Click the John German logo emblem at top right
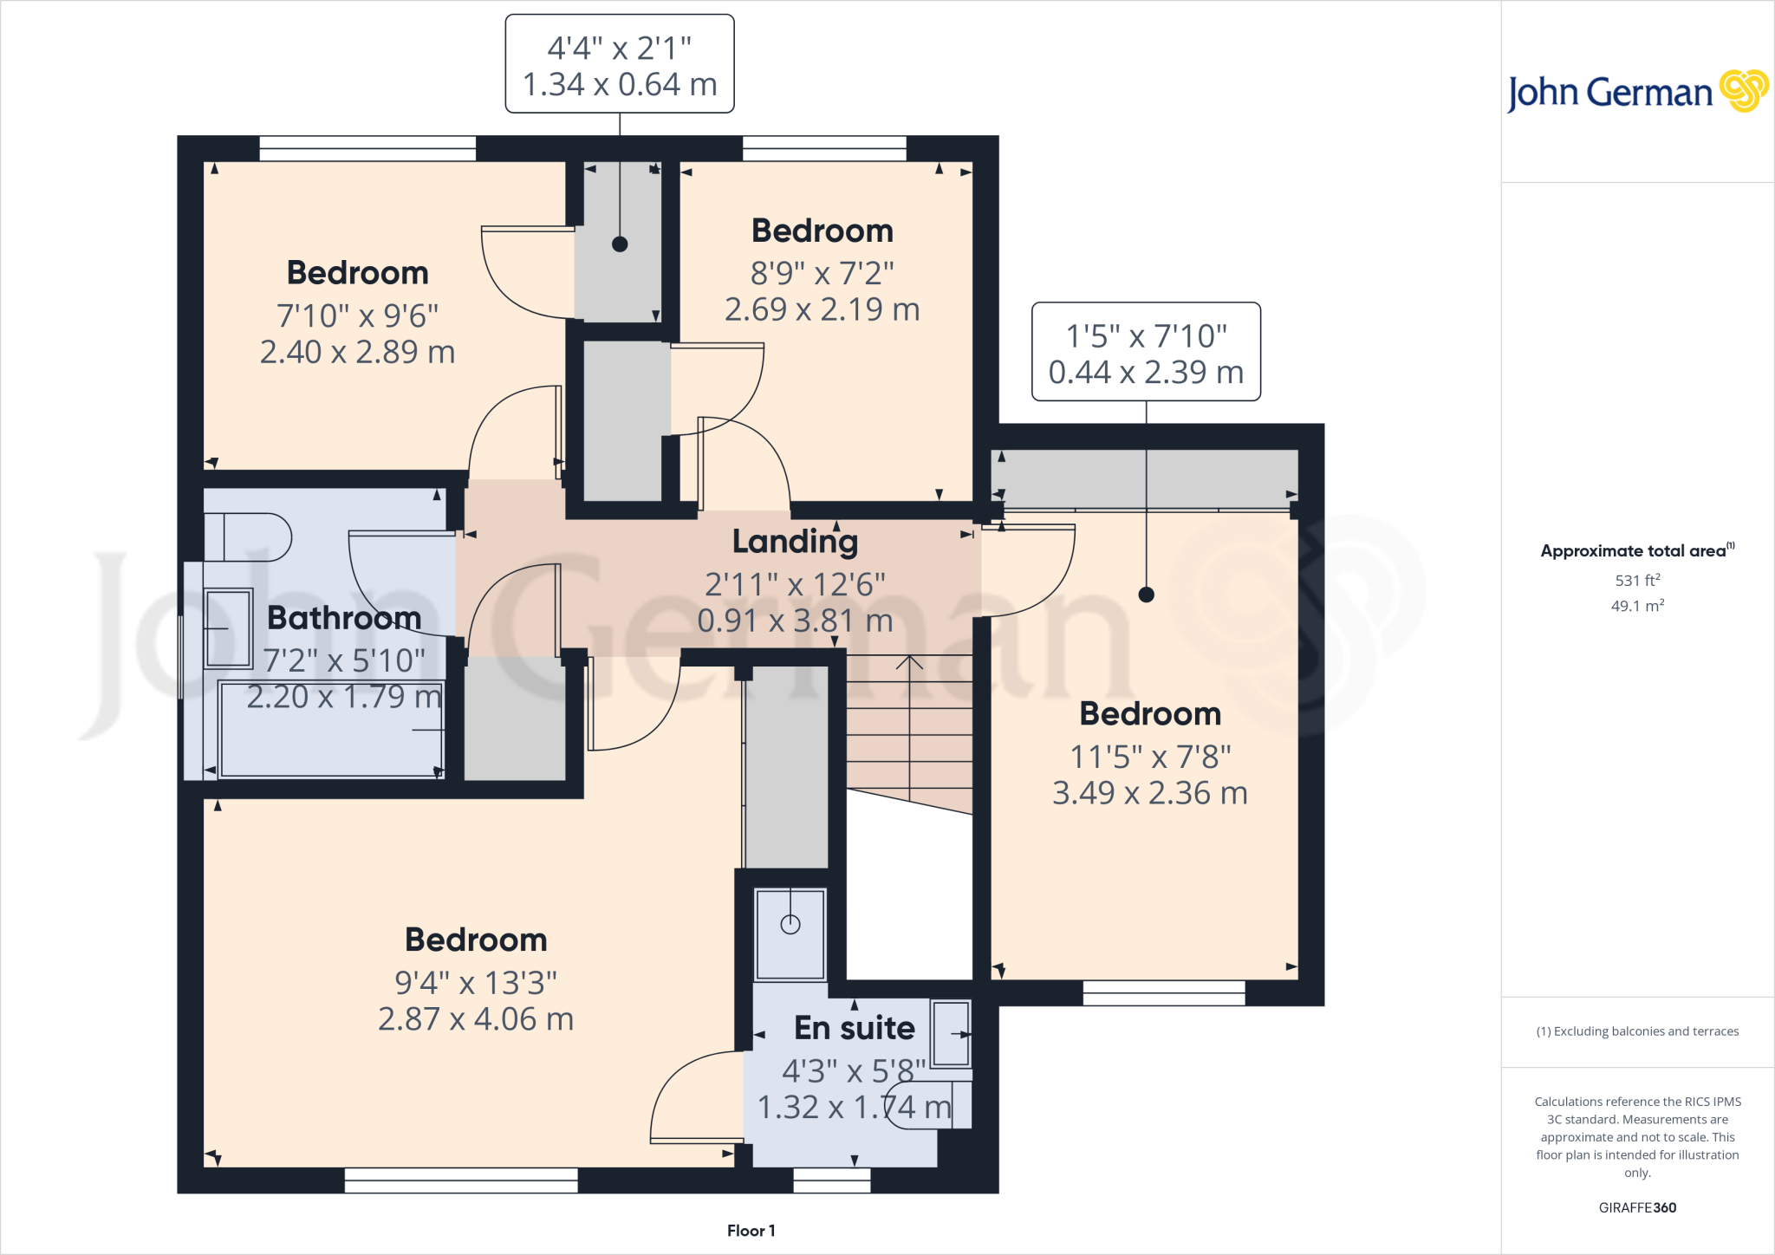tap(1743, 90)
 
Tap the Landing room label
tap(795, 541)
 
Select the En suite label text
tap(854, 1028)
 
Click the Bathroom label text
tap(344, 618)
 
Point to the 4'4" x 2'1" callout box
tap(620, 64)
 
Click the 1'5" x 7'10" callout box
tap(1146, 352)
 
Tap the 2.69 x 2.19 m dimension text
tap(822, 309)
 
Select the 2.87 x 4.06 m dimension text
tap(476, 1019)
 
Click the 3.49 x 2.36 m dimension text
tap(1149, 793)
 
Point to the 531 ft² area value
tap(1637, 580)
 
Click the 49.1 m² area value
tap(1637, 606)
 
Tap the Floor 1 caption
tap(751, 1231)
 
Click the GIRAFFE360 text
tap(1637, 1207)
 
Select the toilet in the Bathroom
tap(247, 537)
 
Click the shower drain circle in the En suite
tap(790, 925)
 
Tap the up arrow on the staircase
tap(909, 662)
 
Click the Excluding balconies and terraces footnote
tap(1637, 1031)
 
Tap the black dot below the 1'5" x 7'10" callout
tap(1146, 595)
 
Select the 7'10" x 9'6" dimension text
tap(357, 316)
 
